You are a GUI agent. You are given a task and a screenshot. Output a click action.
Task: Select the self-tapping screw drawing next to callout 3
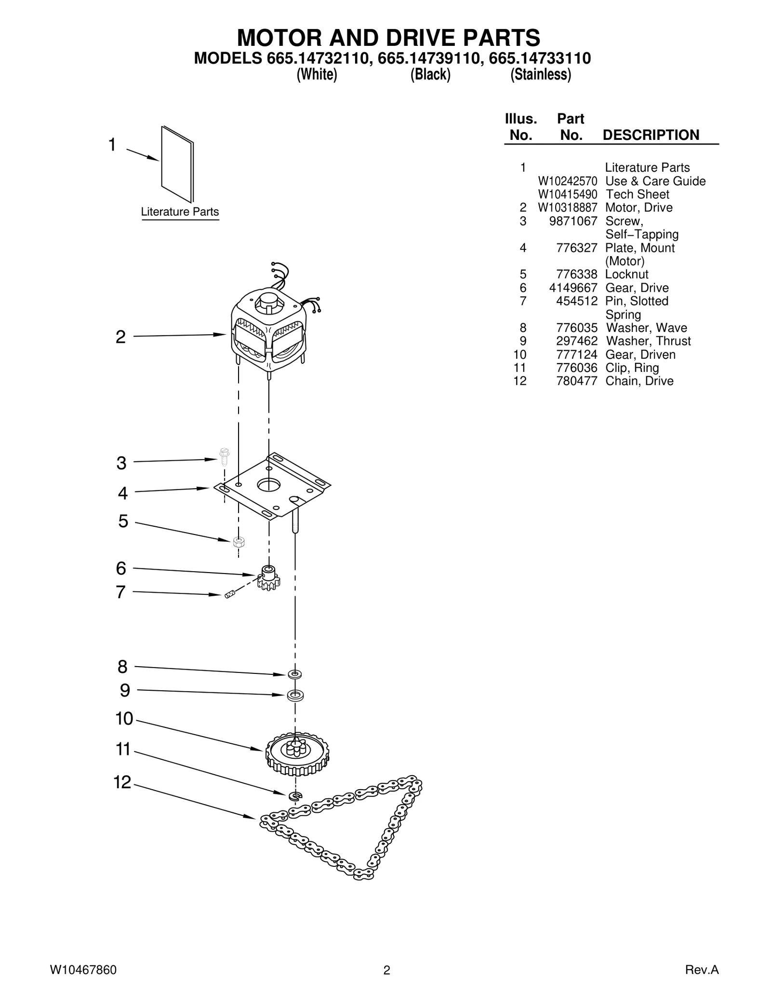click(224, 456)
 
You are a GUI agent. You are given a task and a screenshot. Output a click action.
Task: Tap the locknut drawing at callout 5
click(238, 542)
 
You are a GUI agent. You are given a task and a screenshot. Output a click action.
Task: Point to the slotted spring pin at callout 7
click(229, 594)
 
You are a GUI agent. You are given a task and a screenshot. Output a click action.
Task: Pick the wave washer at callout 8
click(295, 673)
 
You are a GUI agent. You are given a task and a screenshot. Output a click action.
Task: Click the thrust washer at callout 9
click(295, 696)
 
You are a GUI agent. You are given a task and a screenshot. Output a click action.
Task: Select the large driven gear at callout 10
click(297, 753)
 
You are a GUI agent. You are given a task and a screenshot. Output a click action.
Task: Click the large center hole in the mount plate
click(268, 484)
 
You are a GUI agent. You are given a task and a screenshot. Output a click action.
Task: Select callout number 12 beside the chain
click(122, 782)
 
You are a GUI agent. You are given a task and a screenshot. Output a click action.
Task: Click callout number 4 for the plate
click(123, 493)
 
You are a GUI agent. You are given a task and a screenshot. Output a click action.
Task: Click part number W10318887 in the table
click(567, 207)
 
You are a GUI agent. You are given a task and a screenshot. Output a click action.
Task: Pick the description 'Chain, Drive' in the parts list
click(639, 381)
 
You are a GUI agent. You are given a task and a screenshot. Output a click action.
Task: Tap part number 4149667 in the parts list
click(573, 288)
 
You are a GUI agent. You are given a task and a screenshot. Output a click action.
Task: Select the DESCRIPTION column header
click(651, 135)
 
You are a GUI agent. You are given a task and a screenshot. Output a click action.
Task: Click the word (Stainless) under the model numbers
click(541, 75)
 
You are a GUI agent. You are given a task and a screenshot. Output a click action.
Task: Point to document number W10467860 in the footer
click(83, 970)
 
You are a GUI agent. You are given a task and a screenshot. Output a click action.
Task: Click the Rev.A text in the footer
click(702, 970)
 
